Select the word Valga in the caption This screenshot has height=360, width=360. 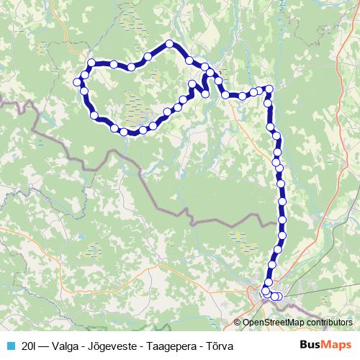[x=71, y=346]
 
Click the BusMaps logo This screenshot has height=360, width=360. [x=325, y=346]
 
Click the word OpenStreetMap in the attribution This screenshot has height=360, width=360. [x=276, y=323]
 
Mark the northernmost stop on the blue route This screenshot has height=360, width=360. [x=170, y=44]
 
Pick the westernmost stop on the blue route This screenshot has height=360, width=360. [x=77, y=81]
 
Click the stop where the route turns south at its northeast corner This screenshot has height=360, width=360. [x=269, y=89]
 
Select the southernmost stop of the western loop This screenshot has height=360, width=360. [x=124, y=132]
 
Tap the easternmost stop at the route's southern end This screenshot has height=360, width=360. [x=279, y=297]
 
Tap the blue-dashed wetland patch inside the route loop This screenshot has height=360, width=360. [x=137, y=108]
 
